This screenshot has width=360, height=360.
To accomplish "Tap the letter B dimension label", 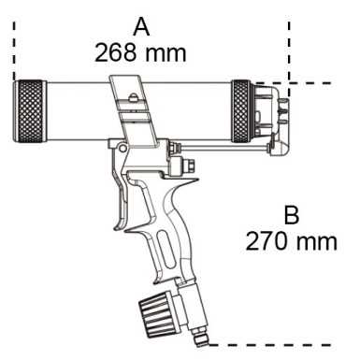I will click(291, 216).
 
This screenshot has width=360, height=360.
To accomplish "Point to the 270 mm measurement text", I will click(291, 241).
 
